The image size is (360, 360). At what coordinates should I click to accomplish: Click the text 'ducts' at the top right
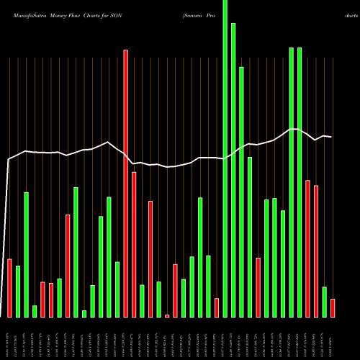tap(344, 14)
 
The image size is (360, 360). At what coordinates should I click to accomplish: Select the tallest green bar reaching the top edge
tap(225, 158)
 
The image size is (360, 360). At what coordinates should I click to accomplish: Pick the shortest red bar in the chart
tap(167, 315)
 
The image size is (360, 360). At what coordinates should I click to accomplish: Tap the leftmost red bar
tap(10, 288)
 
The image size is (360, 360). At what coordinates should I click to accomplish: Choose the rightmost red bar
tap(333, 308)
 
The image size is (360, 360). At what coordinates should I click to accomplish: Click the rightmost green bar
tap(324, 302)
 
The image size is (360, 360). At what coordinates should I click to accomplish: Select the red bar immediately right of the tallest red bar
tap(134, 245)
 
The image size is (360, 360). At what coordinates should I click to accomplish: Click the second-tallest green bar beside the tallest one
tap(233, 170)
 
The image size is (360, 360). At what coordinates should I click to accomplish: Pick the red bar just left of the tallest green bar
tap(217, 307)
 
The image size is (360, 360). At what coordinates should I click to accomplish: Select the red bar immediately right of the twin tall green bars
tap(307, 248)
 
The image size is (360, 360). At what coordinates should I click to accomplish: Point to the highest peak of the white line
tap(293, 129)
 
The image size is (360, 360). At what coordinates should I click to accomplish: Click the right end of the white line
tap(331, 137)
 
